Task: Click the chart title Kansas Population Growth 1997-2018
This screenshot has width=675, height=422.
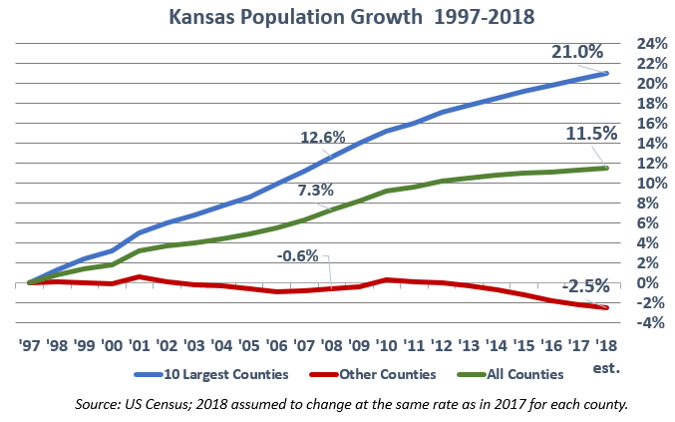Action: pos(336,17)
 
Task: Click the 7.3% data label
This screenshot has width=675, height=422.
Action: pos(315,190)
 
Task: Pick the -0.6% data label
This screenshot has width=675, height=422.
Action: pos(297,255)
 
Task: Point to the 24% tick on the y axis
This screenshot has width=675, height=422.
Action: pos(638,44)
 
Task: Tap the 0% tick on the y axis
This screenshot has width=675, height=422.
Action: pos(642,283)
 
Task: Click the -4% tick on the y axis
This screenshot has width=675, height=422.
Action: pos(638,323)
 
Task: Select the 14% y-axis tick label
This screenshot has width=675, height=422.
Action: pos(638,144)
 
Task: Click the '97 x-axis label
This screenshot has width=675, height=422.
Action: pos(31,347)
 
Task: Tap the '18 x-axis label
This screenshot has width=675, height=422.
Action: pos(604,347)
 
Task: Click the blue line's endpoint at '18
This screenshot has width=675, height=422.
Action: pos(605,73)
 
